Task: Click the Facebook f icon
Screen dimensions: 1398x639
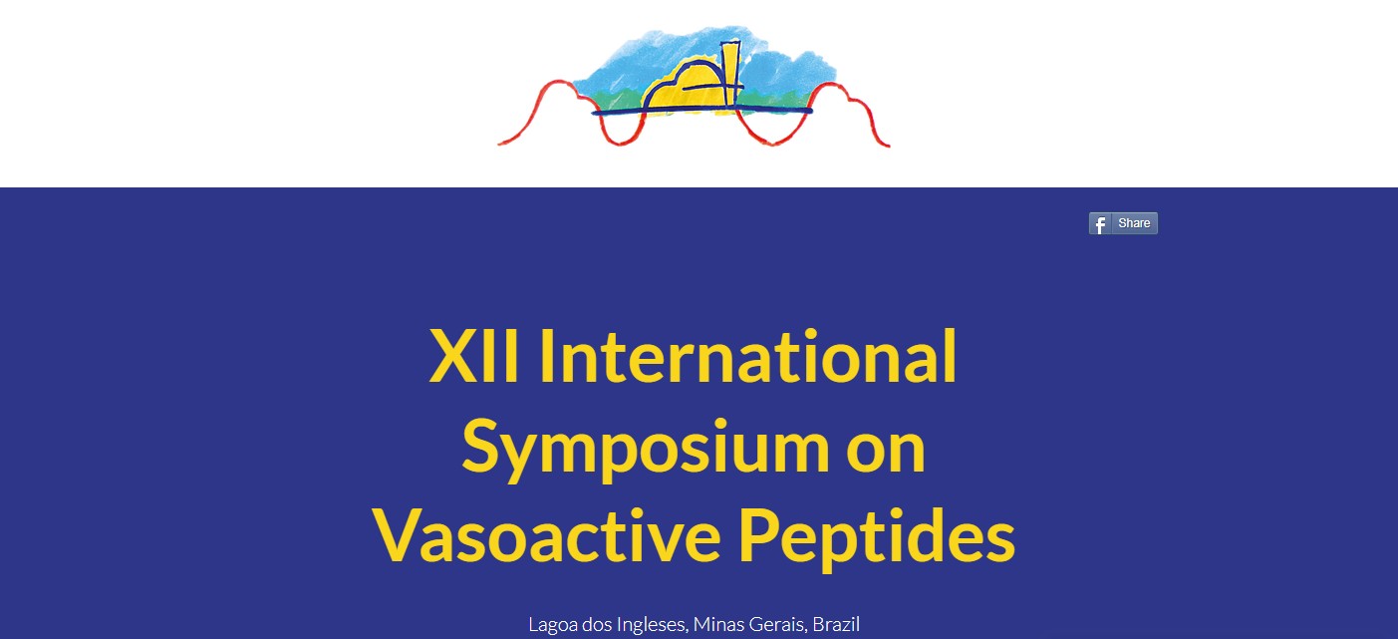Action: pyautogui.click(x=1100, y=223)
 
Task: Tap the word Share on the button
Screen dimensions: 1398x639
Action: pyautogui.click(x=1134, y=223)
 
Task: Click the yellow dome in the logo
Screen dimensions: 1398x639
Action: pyautogui.click(x=684, y=88)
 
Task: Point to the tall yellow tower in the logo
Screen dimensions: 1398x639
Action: pyautogui.click(x=730, y=74)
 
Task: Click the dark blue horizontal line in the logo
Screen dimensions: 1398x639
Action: pyautogui.click(x=701, y=112)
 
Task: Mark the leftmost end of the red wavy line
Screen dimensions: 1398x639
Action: pyautogui.click(x=498, y=145)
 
